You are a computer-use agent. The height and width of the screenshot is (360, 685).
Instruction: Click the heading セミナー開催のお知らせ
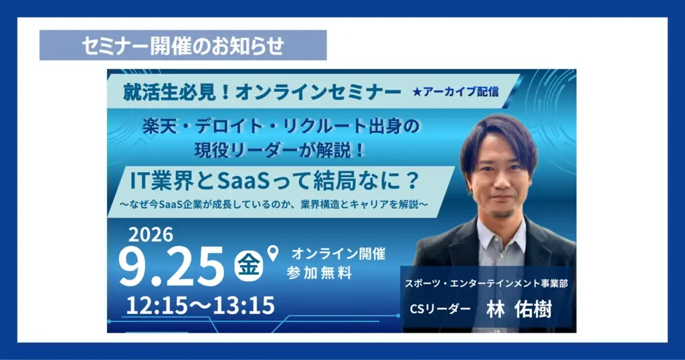coord(183,46)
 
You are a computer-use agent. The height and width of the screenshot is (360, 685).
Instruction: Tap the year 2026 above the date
coord(151,235)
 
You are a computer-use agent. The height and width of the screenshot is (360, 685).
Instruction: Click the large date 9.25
coord(171,266)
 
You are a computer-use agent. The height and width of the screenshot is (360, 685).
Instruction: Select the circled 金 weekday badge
coord(249,265)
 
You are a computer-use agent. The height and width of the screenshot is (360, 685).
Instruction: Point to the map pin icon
coord(273,253)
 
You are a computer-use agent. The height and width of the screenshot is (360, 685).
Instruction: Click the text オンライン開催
coord(338,254)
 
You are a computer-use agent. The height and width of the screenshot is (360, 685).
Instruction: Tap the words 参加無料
coord(319,273)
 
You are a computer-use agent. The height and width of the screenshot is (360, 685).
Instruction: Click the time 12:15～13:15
coord(201,305)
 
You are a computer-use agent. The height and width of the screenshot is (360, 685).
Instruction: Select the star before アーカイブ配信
coord(416,92)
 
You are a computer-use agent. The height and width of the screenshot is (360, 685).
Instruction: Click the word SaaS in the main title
coord(243,181)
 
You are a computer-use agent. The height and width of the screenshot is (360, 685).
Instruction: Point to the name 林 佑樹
coord(519,309)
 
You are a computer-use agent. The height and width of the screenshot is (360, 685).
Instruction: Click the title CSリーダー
coord(440,309)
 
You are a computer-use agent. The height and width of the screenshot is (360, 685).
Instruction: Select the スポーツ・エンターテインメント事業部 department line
coord(486,284)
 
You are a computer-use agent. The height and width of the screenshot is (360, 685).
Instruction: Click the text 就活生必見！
coord(177,92)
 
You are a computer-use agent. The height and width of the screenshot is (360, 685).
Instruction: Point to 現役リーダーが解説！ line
coord(280,151)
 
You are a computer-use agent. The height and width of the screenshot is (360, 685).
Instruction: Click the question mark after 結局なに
coord(411,181)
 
